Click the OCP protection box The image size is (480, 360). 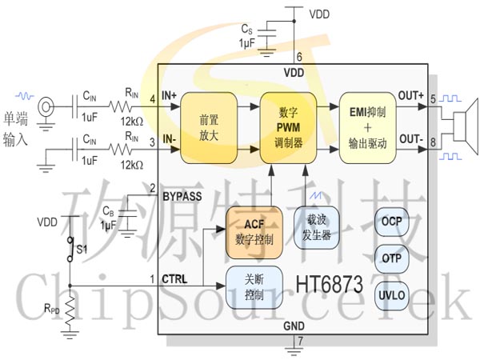[392, 222]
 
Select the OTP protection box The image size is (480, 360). [392, 258]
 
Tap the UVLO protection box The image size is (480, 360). [392, 295]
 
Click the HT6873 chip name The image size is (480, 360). [330, 284]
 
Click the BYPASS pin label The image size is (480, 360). [182, 194]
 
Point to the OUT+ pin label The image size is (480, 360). [410, 97]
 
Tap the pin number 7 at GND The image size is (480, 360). [299, 342]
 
